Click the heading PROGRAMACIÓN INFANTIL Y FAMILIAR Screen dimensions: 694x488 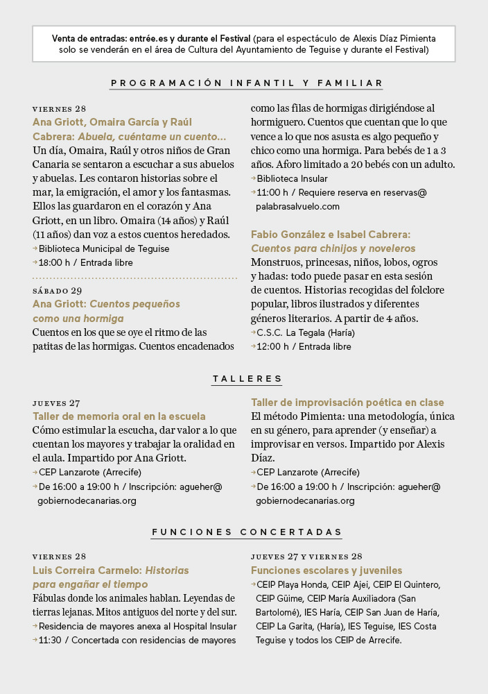[x=247, y=83]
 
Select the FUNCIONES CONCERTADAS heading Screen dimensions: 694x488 [x=247, y=532]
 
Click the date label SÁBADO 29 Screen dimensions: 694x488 [x=57, y=291]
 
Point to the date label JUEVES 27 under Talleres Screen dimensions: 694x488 [x=56, y=403]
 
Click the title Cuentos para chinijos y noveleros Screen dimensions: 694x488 [x=333, y=248]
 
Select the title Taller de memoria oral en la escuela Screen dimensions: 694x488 [x=119, y=416]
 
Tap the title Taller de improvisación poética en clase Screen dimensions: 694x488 [x=347, y=403]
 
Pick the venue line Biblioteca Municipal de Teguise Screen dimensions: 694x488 [x=103, y=248]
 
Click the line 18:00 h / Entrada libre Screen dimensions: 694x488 [x=85, y=262]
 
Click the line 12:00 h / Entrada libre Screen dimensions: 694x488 [x=304, y=346]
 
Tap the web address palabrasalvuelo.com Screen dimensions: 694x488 [x=297, y=206]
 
